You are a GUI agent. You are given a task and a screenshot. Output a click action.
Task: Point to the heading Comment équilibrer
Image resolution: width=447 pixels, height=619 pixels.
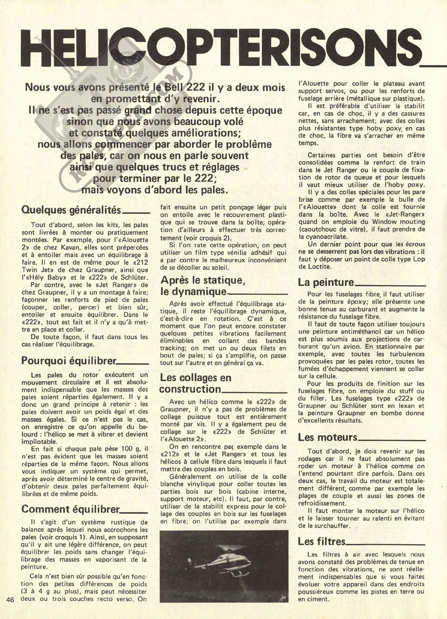71,509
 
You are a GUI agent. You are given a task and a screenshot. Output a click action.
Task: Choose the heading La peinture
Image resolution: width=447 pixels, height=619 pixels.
326,282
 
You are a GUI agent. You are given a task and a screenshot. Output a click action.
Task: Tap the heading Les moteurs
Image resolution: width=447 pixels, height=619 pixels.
328,437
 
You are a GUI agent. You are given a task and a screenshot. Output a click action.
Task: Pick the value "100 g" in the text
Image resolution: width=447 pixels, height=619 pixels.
127,449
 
